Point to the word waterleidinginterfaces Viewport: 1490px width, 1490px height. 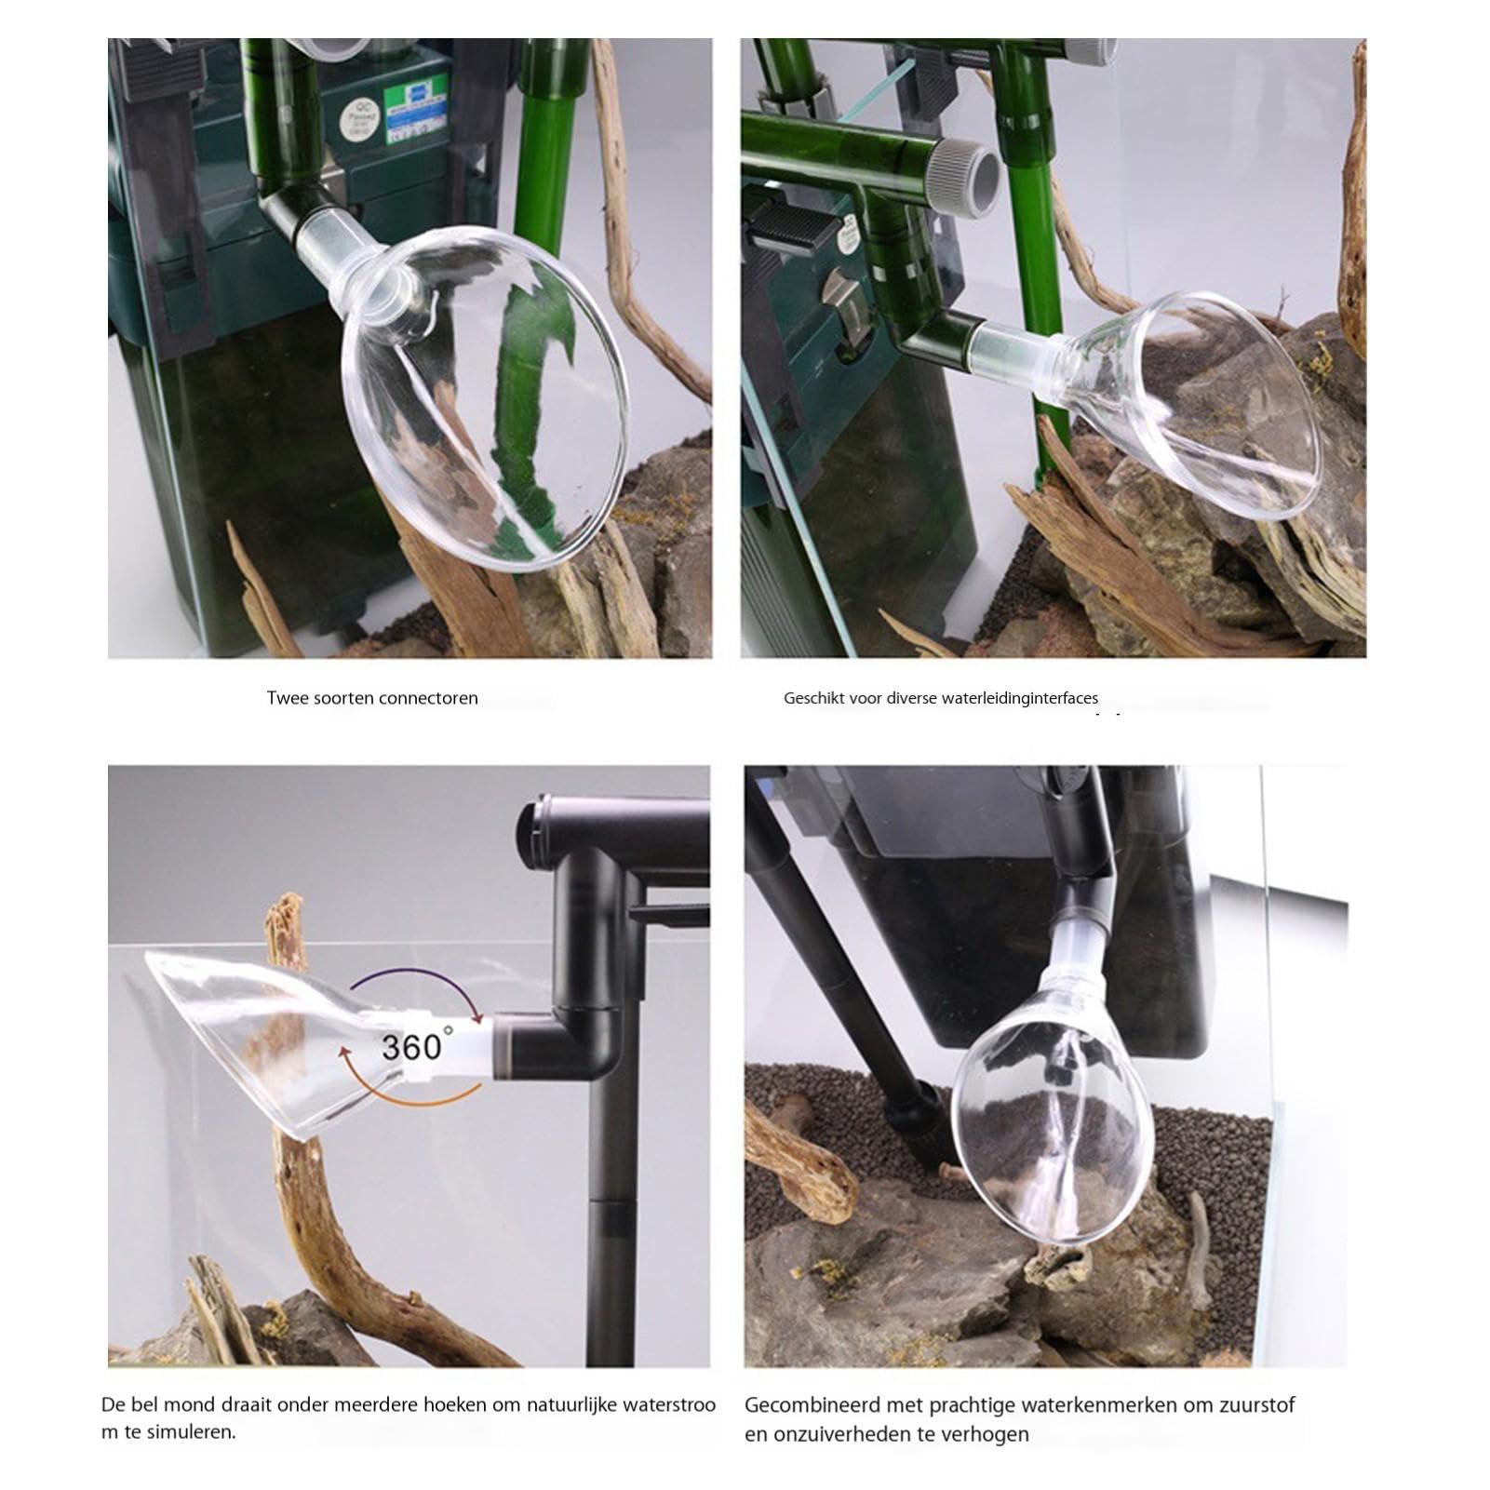coord(1020,698)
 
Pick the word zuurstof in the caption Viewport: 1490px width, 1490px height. coord(1255,1404)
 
